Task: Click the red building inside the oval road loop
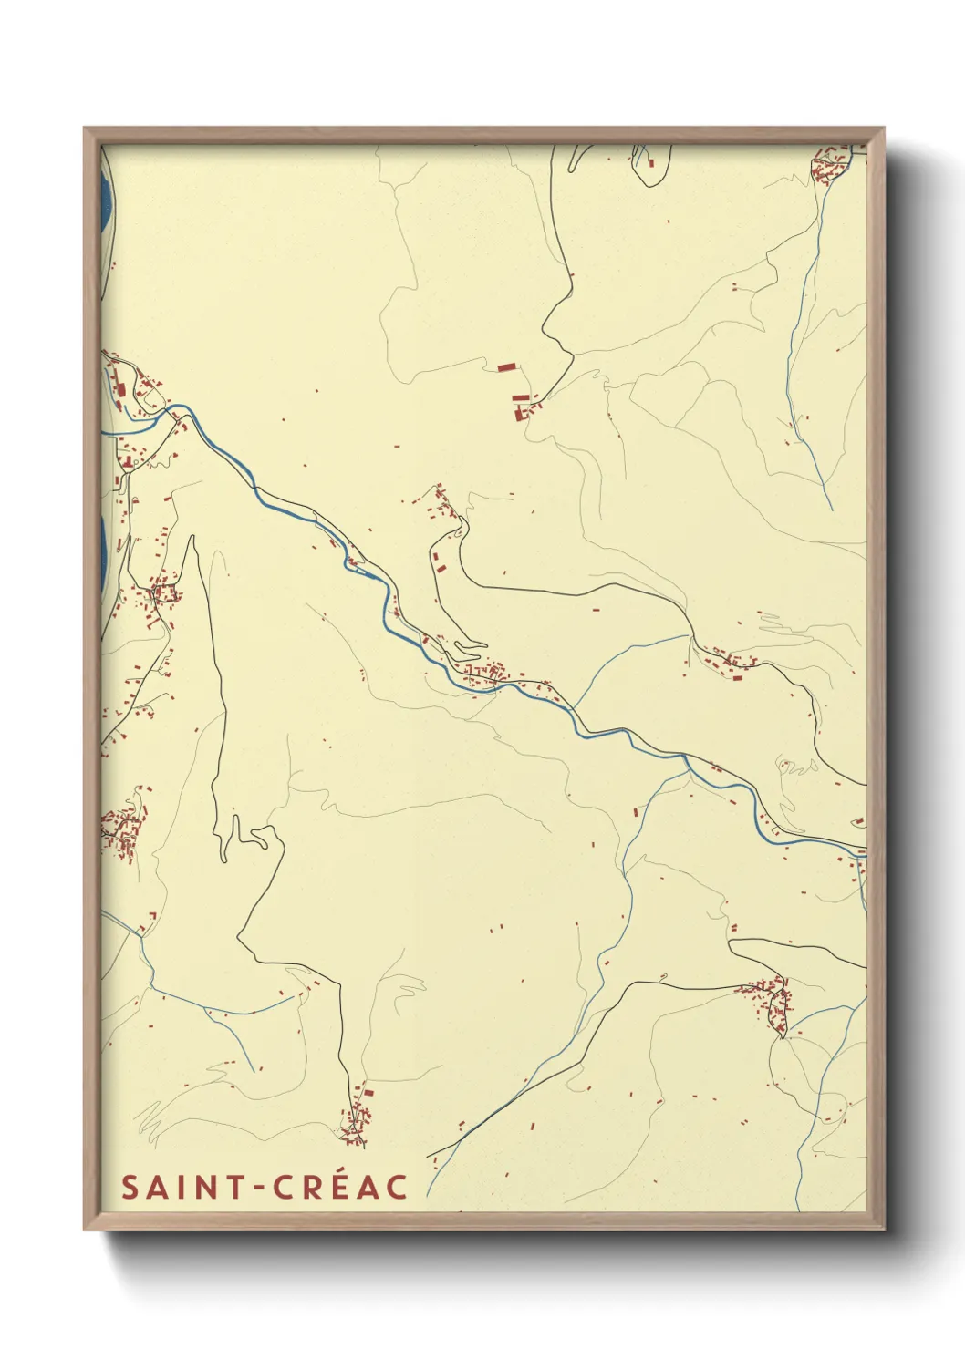coord(652,163)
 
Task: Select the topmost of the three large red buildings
coord(507,367)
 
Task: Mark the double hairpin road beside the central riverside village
coord(469,648)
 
